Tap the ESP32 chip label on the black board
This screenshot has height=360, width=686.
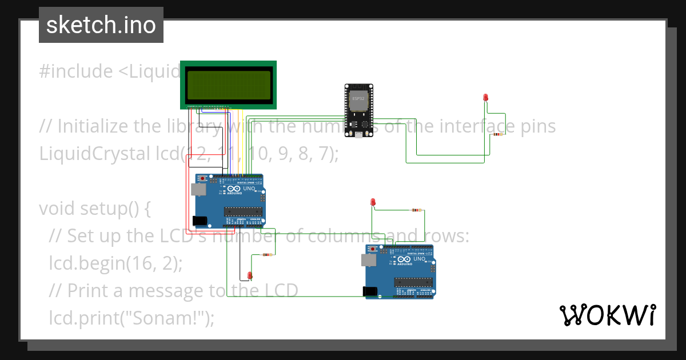coord(358,99)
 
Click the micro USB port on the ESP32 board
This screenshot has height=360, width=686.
coord(358,135)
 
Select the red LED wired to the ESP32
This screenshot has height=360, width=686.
coord(485,98)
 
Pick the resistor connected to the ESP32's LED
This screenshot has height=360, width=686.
coord(498,134)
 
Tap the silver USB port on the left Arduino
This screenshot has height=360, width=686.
coord(199,190)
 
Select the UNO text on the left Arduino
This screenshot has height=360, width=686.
coord(249,189)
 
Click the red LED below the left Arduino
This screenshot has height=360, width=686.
coord(250,275)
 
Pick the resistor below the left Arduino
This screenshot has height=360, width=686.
coord(266,255)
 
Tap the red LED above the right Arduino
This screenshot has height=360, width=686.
coord(373,202)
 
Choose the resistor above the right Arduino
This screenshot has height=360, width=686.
coord(417,210)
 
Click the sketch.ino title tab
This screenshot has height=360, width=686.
coord(101,25)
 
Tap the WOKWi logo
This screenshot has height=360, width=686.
coord(607,315)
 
